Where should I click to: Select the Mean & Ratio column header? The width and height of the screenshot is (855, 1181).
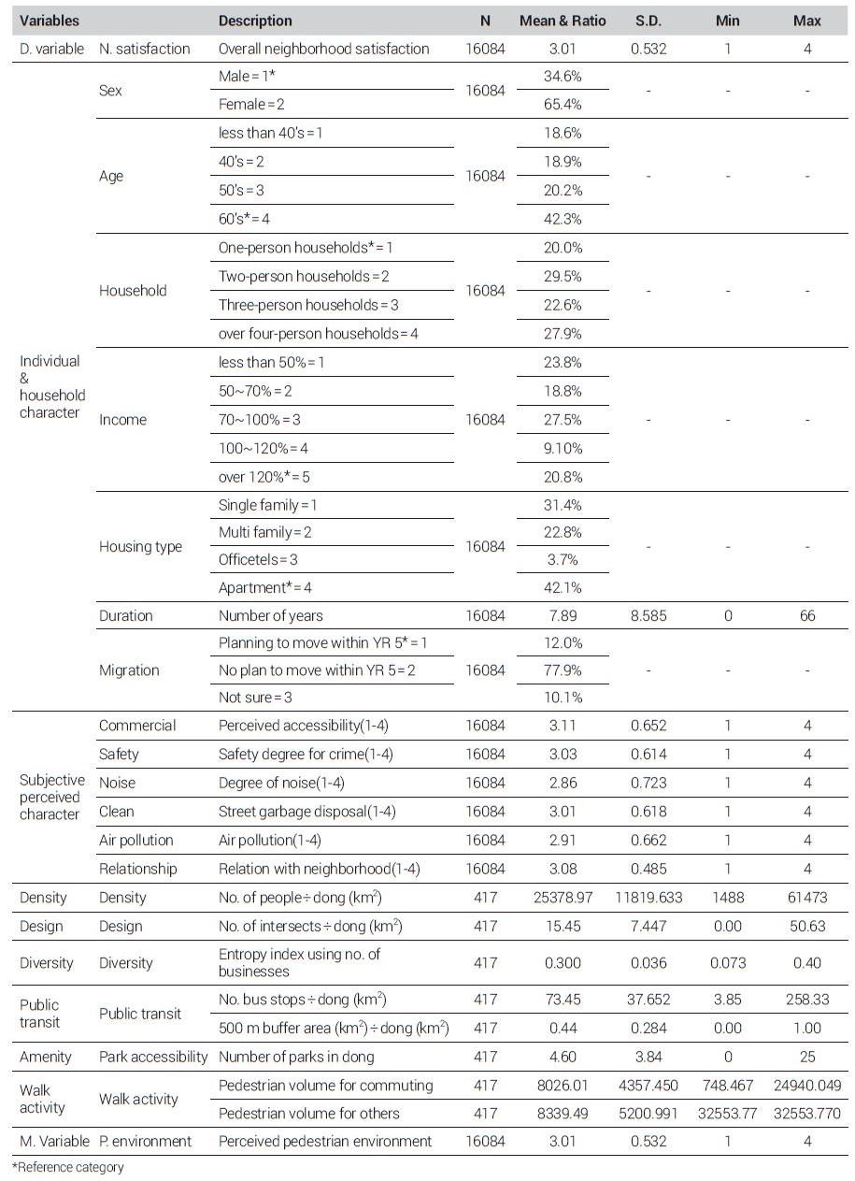pos(563,21)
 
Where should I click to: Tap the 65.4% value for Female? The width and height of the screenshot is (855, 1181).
pos(563,105)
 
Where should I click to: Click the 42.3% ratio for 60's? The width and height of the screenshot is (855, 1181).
pos(563,219)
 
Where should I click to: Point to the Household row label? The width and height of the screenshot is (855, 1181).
pos(133,291)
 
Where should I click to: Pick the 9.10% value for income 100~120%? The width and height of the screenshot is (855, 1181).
pos(563,448)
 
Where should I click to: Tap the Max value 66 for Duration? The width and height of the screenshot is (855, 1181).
pos(807,616)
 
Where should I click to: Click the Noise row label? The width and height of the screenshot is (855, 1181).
pos(117,783)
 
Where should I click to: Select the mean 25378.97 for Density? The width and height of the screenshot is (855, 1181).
pos(563,898)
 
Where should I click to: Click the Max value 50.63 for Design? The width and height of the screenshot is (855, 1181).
pos(807,927)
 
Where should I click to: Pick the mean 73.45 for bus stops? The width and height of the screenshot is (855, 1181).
pos(563,1000)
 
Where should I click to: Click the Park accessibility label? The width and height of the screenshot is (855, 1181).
pos(153,1058)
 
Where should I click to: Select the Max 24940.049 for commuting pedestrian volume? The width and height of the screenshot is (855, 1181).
pos(807,1086)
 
